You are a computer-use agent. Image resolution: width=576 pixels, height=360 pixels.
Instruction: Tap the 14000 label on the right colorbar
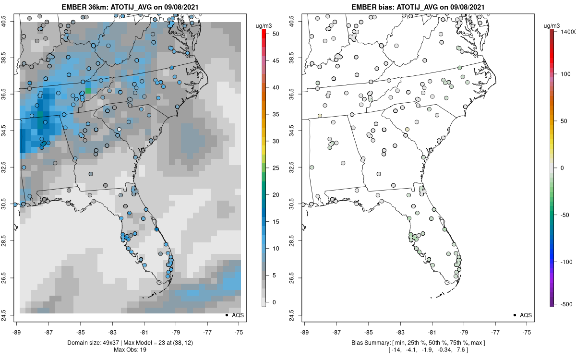click(568, 31)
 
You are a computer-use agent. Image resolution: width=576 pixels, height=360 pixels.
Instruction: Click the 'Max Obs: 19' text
click(130, 349)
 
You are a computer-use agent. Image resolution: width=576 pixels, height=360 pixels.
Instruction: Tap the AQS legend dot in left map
click(226, 315)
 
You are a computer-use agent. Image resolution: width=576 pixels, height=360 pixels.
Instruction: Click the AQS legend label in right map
click(526, 315)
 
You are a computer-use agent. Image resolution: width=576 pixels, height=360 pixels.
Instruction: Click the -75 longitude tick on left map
click(239, 331)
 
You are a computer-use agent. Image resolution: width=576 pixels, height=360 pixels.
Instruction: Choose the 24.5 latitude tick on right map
click(298, 315)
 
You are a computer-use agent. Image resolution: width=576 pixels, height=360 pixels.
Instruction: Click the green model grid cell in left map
click(88, 90)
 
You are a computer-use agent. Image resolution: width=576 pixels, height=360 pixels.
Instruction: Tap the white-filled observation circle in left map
click(119, 129)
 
